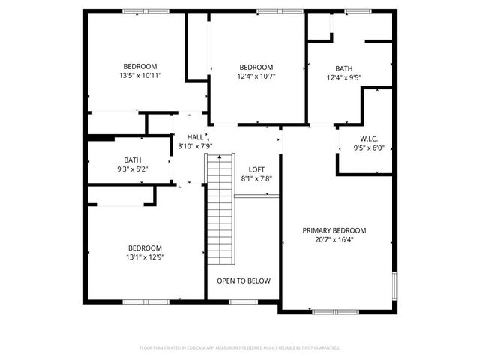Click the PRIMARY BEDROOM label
(x=334, y=230)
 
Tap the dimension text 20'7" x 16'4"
(x=334, y=240)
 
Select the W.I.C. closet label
(x=368, y=138)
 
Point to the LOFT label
(x=257, y=169)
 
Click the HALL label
(x=195, y=137)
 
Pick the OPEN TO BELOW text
(x=244, y=280)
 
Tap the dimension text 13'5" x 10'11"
(x=140, y=75)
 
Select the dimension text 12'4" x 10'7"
(x=256, y=76)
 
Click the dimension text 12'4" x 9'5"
(x=344, y=76)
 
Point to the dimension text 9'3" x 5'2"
(x=133, y=169)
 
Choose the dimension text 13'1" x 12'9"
(x=144, y=257)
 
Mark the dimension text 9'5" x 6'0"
(x=368, y=148)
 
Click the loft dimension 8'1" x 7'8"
(x=256, y=178)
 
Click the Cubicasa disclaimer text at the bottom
(x=240, y=347)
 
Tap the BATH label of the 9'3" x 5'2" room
(x=133, y=160)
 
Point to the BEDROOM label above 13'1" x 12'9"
(x=144, y=247)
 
